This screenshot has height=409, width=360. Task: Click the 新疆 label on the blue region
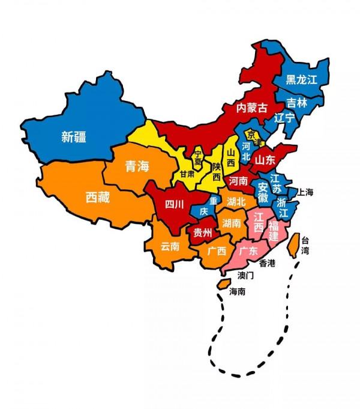click(73, 137)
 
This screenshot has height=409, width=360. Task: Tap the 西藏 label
click(97, 197)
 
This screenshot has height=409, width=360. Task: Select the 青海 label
click(136, 167)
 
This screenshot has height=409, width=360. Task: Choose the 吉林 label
click(296, 103)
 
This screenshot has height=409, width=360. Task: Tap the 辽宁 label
click(284, 118)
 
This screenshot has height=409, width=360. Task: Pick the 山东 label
click(265, 160)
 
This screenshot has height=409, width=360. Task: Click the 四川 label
click(175, 204)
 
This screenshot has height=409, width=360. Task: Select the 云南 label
click(170, 246)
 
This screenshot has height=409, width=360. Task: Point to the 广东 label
click(248, 251)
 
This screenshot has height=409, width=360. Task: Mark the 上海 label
click(305, 193)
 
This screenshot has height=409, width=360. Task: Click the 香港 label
click(267, 263)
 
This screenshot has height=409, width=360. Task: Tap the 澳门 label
click(247, 276)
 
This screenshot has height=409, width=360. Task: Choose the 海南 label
click(237, 291)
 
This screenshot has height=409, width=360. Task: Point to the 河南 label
click(238, 180)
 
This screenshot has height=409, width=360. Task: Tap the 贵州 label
click(202, 232)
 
